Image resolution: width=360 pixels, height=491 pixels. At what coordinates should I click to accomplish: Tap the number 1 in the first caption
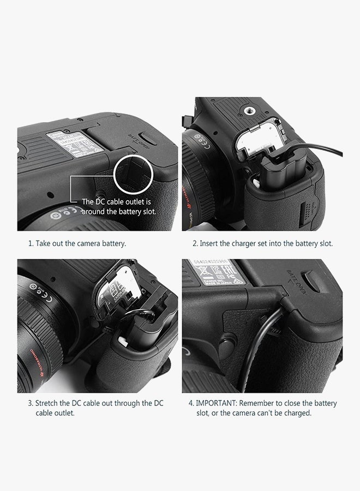click(x=30, y=243)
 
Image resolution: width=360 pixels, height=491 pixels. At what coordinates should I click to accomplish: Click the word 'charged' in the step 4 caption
click(x=297, y=413)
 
